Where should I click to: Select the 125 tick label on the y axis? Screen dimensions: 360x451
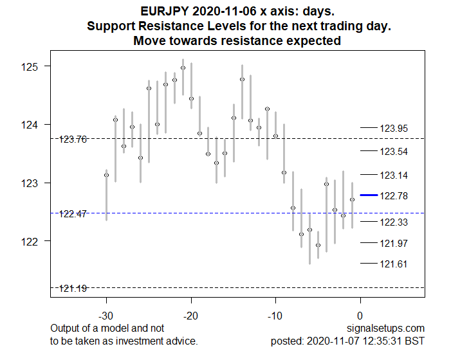click(30, 66)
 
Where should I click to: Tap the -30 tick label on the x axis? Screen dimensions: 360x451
click(106, 316)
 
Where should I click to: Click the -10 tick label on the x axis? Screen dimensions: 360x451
click(275, 316)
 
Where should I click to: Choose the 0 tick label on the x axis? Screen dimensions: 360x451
click(360, 316)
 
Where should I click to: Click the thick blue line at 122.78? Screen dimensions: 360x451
click(369, 195)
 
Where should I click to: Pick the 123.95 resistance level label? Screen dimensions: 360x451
click(394, 129)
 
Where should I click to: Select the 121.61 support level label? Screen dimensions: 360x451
click(394, 264)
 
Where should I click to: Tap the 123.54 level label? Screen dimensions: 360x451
click(394, 152)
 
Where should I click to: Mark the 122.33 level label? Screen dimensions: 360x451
click(394, 222)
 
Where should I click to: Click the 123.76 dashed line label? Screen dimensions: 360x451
click(73, 139)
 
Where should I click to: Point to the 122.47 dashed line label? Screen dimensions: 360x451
click(73, 213)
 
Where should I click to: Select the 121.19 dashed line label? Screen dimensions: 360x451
click(73, 288)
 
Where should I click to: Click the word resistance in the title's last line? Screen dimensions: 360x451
click(261, 41)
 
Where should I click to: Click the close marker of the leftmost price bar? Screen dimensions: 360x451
click(106, 175)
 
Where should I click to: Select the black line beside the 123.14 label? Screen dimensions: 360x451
click(369, 175)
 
